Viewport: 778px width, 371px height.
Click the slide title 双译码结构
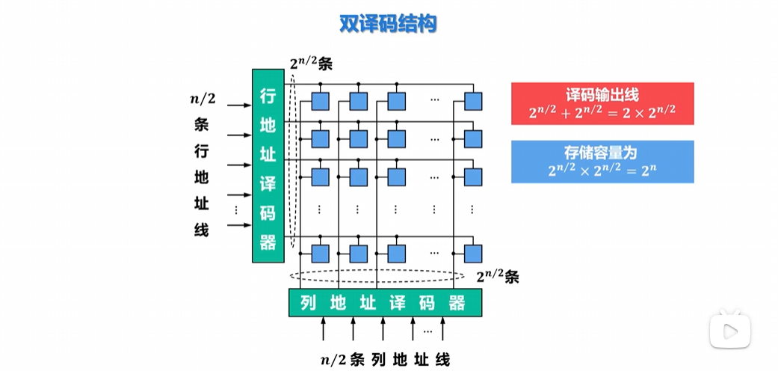point(388,24)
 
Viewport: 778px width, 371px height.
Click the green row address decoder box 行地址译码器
point(268,165)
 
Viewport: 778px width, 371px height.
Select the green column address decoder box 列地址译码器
point(385,303)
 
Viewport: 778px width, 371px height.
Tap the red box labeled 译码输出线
point(602,103)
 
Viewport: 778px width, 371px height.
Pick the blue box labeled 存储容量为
point(602,162)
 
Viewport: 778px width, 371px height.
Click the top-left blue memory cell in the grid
point(321,99)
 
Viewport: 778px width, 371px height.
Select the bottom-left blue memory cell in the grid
point(321,252)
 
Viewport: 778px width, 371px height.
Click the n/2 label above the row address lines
point(203,97)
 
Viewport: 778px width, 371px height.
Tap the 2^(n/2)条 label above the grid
point(311,64)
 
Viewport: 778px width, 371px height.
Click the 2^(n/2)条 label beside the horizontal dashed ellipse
point(497,277)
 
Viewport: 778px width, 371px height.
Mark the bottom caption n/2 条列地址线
point(385,360)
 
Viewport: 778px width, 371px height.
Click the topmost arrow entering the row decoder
point(238,105)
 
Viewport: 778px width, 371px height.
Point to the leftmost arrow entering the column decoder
point(324,328)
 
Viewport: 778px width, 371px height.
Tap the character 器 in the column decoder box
point(457,303)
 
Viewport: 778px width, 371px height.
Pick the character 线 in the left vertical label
point(201,230)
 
